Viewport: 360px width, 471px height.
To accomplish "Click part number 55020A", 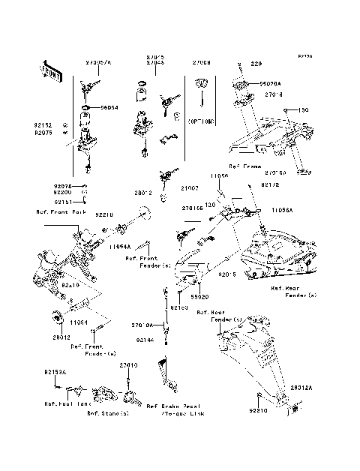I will (x=270, y=85).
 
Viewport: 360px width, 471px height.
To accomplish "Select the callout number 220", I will (x=256, y=64).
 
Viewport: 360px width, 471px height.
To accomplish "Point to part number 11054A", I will (x=120, y=246).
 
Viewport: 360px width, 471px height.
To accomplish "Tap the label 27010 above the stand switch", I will (x=130, y=364).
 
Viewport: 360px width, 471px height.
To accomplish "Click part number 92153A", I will (x=55, y=372).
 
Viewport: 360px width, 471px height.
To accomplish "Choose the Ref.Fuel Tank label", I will (x=67, y=403).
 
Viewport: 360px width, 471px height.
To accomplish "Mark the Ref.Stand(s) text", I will (x=108, y=413).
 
